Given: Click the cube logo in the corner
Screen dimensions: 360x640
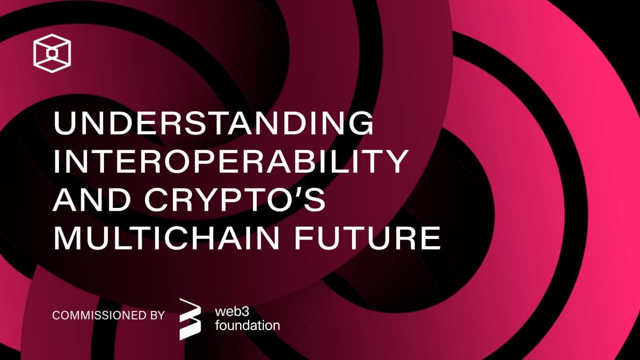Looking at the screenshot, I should coord(52,52).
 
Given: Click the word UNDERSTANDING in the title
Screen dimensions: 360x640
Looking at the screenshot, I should coord(213,124).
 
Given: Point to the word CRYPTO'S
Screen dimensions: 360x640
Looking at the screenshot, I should coord(250,201).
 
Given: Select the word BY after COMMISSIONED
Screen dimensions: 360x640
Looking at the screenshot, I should coord(154,315).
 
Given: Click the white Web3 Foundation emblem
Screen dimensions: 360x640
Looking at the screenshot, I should coord(190,318).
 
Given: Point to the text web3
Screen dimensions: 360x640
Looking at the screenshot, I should coord(232,311).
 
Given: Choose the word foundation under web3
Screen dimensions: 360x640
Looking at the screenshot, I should coord(247,325).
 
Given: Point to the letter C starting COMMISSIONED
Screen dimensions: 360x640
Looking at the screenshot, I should coord(55,315).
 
